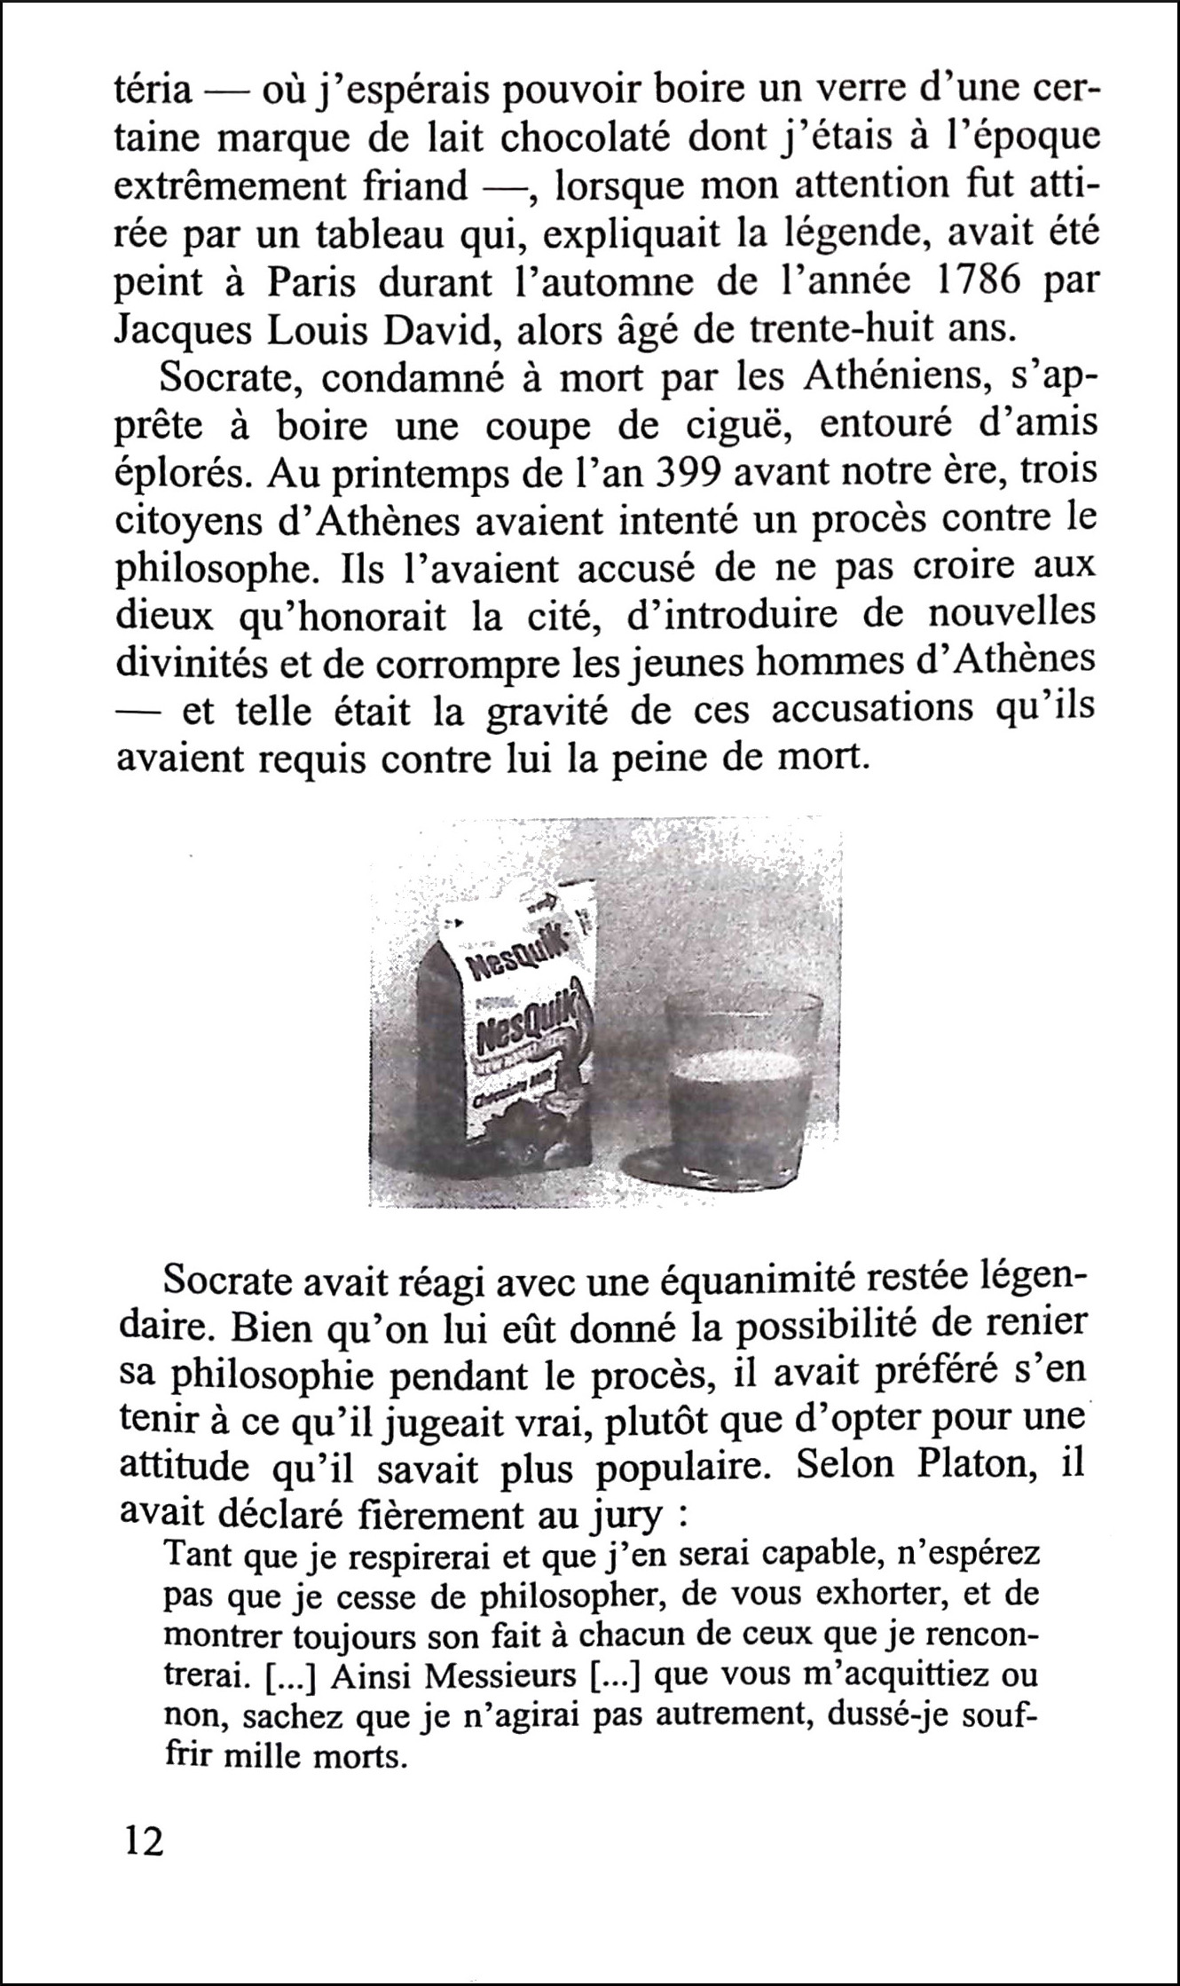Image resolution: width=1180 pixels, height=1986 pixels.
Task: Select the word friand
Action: [x=414, y=185]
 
